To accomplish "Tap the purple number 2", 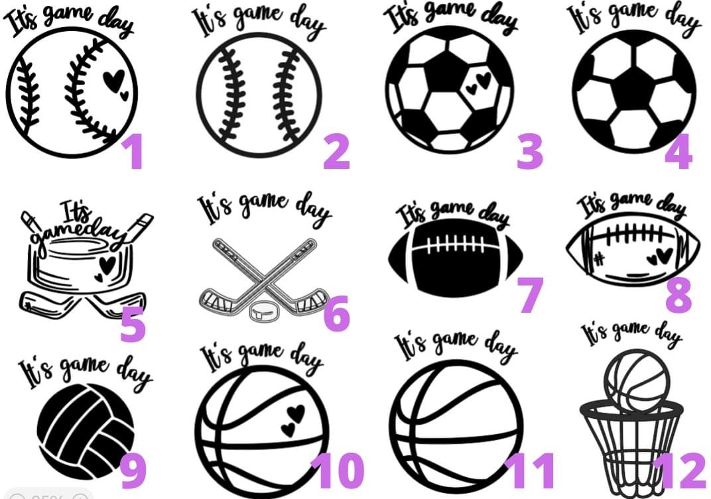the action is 336,152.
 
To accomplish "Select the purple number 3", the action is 530,152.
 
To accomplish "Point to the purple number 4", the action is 679,152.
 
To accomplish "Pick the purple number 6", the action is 336,313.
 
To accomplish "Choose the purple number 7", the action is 531,295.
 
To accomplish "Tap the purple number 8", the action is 679,295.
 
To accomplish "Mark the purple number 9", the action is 133,471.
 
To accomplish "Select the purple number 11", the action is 530,471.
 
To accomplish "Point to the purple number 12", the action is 679,471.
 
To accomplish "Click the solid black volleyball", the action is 86,431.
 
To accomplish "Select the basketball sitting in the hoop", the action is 637,380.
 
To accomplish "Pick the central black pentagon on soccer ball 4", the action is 633,89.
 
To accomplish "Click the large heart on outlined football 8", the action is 665,256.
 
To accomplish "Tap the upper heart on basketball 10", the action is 296,412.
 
